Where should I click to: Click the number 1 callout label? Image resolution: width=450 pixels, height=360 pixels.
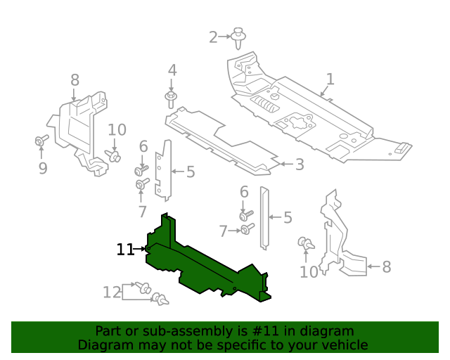click(x=330, y=79)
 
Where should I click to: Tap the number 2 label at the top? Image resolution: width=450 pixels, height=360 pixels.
click(x=214, y=37)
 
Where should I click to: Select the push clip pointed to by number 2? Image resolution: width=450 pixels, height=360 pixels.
click(x=240, y=37)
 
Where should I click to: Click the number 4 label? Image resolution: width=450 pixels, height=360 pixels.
click(x=172, y=70)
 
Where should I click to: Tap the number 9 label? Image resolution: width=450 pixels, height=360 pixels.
click(x=42, y=168)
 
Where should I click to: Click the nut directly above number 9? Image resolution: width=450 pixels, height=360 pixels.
click(x=41, y=142)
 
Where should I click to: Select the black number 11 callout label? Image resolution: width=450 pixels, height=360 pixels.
click(x=125, y=249)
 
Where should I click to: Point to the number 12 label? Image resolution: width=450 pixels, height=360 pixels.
click(x=112, y=292)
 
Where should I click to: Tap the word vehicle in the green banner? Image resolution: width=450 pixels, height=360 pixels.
click(x=342, y=345)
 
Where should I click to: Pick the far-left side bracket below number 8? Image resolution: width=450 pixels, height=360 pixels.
click(x=81, y=130)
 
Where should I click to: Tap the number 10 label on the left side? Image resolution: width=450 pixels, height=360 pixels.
click(x=117, y=129)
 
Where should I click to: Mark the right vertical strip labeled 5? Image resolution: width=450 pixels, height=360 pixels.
click(x=264, y=218)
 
